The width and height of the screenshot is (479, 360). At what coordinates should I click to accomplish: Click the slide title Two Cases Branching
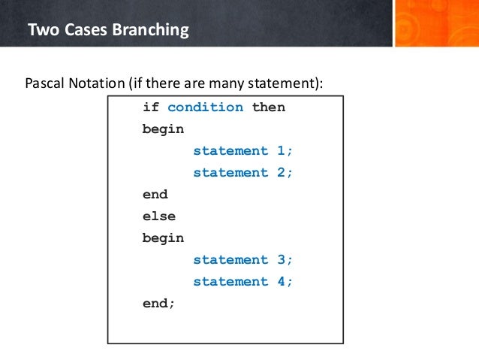[107, 31]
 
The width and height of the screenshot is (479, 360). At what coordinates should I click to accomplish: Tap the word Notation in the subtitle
[98, 82]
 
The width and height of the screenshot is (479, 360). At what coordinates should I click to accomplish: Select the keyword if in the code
[151, 107]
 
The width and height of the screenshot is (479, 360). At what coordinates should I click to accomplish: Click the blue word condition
[205, 107]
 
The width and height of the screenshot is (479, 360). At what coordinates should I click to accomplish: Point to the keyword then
[268, 107]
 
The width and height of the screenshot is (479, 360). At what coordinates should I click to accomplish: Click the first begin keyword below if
[163, 129]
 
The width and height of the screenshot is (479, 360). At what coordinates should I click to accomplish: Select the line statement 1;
[243, 150]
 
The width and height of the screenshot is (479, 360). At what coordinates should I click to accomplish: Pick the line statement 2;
[243, 172]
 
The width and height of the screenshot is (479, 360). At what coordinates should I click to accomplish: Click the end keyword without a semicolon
[155, 194]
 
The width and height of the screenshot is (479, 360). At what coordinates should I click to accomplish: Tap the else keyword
[158, 216]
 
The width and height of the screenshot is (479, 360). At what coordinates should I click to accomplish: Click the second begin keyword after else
[163, 237]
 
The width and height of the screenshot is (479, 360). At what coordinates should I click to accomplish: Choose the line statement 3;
[243, 259]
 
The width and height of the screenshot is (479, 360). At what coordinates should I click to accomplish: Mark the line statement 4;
[243, 281]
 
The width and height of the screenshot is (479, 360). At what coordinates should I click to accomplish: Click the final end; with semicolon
[158, 303]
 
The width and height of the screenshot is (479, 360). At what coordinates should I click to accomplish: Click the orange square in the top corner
[435, 23]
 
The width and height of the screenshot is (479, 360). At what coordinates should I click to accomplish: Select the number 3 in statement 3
[281, 259]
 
